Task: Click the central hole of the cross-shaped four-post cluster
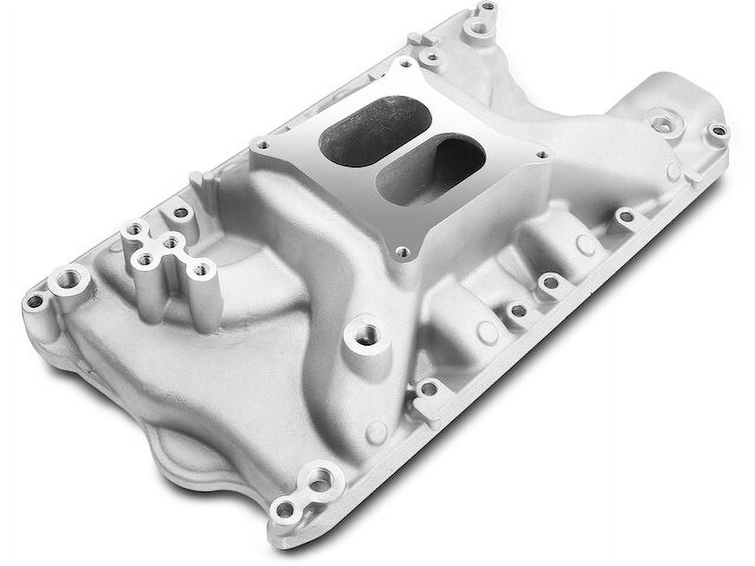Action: [x=171, y=241]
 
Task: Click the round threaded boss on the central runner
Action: [x=360, y=337]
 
